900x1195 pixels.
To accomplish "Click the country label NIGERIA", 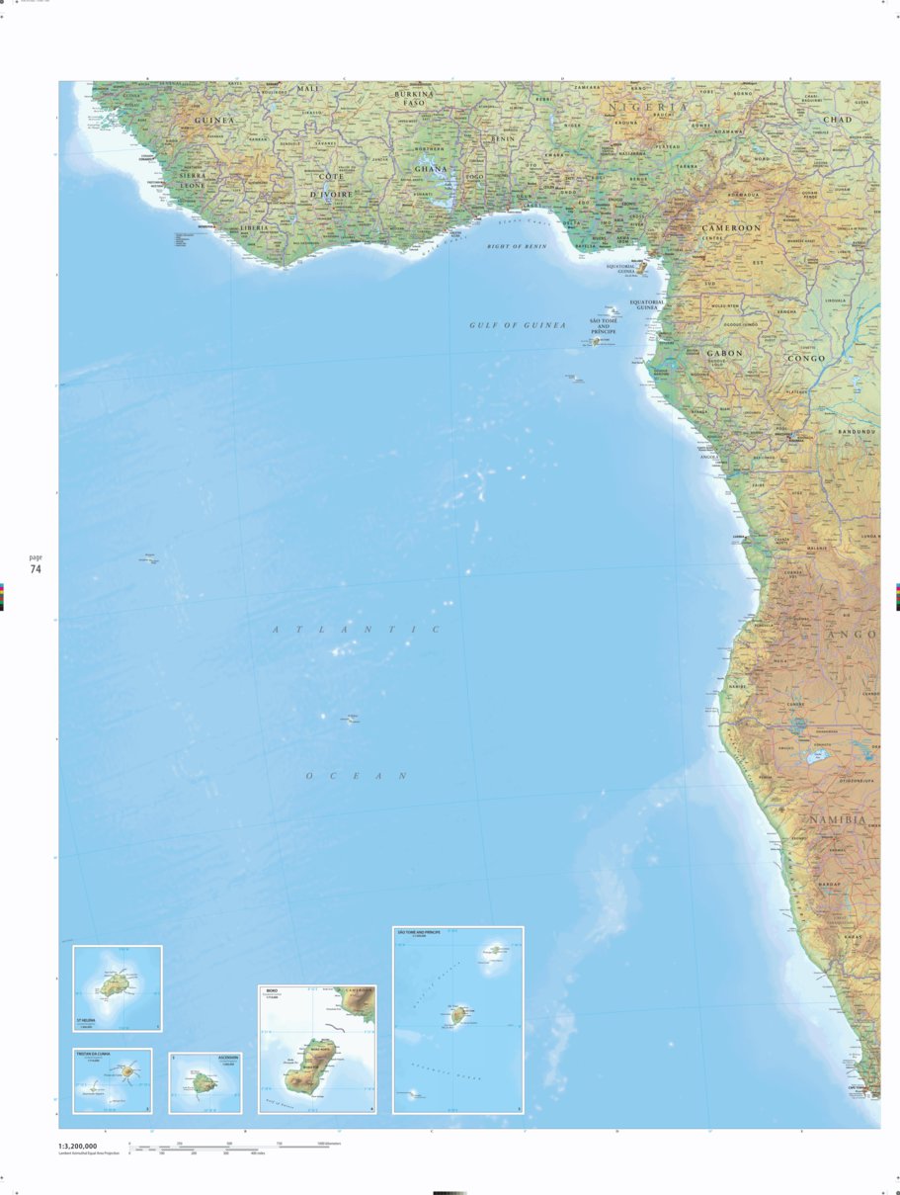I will coord(647,107).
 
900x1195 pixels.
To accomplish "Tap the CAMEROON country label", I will coord(731,227).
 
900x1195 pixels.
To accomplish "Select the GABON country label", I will coord(724,353).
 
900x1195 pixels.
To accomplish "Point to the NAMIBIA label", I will coord(837,820).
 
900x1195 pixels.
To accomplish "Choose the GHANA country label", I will coord(431,169).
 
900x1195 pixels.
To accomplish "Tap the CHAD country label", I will coord(837,120).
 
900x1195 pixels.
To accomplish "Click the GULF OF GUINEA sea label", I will coord(518,324).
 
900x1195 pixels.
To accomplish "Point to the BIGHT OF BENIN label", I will coord(517,246).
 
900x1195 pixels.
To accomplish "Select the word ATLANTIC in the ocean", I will coord(357,630).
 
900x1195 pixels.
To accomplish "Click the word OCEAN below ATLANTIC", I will coord(357,776).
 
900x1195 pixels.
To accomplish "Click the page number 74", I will coord(36,569).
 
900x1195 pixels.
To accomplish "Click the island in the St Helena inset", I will coord(114,985).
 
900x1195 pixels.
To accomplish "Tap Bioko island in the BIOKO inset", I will coord(313,1067).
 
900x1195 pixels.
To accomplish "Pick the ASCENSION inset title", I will coord(228,1058).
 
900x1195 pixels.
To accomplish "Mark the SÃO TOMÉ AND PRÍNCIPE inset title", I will coord(421,932).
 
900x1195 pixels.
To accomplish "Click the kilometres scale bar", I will coord(227,1147).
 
